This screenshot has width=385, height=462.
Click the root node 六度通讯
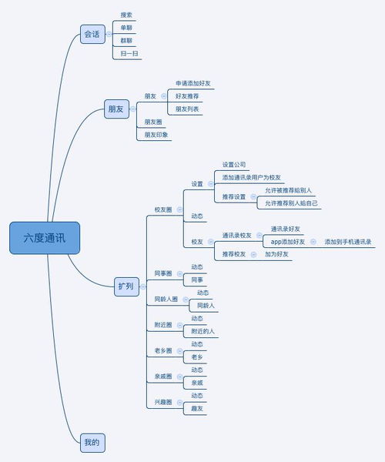coord(44,238)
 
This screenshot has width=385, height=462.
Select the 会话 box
coord(92,34)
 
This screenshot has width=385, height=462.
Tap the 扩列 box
coord(125,286)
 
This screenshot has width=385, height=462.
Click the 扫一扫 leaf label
coord(130,54)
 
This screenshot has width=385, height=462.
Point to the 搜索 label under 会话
coord(126,15)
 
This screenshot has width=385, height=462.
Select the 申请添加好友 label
coord(194,82)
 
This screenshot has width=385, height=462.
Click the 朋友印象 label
coord(157,135)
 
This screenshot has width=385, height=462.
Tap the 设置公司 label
coord(234,164)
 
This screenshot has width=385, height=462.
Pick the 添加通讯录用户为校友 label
coord(252,177)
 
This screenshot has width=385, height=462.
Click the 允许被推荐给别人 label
coord(289,190)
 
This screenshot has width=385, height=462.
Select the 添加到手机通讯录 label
coord(348,242)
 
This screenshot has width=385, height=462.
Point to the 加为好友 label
coord(277,254)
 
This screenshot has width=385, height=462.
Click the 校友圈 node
coord(162,209)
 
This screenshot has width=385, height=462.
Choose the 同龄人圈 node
coord(166,299)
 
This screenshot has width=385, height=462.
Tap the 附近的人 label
coord(203,331)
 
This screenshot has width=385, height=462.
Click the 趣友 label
coord(198,409)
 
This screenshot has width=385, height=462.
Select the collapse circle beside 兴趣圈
coord(179,402)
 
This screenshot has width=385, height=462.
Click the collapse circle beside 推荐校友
coord(253,254)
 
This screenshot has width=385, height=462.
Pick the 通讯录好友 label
coord(285,229)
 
